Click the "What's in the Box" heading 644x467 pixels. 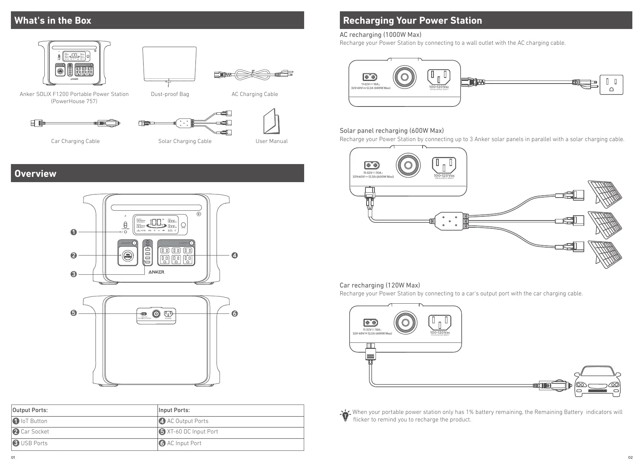point(53,20)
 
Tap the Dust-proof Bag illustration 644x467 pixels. point(170,64)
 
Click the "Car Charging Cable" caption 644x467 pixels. point(75,141)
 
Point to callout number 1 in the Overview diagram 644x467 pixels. point(74,232)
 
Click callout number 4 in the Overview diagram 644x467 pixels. point(235,256)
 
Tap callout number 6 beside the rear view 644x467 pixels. point(235,313)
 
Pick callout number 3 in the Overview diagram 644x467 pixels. point(74,274)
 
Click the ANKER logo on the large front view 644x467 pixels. point(156,272)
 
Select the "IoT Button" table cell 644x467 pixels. point(34,421)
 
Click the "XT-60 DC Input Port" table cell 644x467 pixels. point(192,432)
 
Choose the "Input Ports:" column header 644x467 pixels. point(174,410)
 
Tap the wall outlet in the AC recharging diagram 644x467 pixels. point(611,85)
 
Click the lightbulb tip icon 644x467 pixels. point(345,416)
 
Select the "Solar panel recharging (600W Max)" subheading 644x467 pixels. point(391,131)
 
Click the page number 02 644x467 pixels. point(630,458)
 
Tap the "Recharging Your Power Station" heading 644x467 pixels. point(412,20)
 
